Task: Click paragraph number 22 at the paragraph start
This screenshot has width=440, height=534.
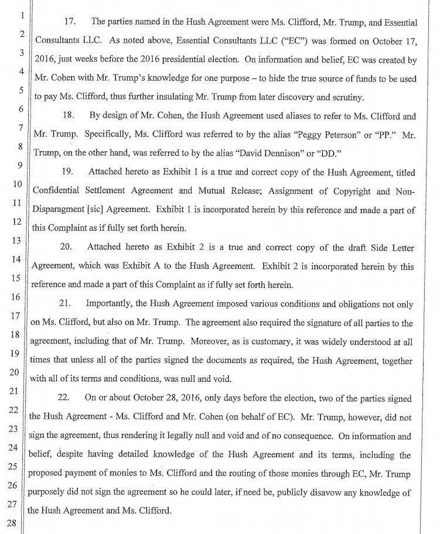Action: [64, 398]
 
